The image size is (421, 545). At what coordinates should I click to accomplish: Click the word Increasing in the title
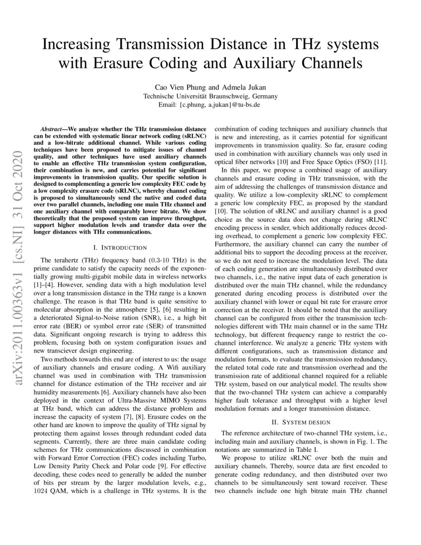pos(74,45)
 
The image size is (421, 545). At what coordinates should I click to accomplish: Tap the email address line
pos(210,105)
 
